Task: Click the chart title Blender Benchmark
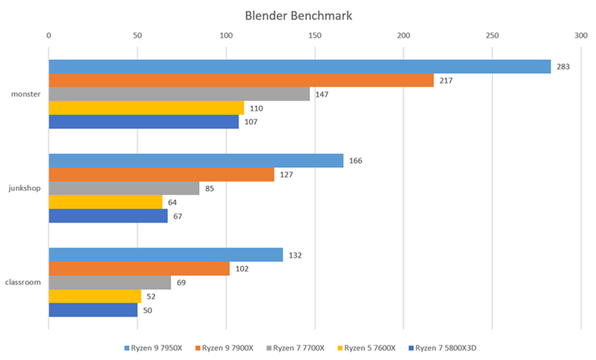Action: tap(298, 15)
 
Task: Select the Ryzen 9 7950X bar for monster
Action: tap(300, 67)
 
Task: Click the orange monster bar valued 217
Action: tap(241, 80)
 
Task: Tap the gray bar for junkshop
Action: tap(124, 188)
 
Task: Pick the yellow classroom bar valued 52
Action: tap(95, 296)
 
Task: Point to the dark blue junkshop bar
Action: tap(108, 216)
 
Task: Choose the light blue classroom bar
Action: tap(166, 255)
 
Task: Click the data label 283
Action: tap(563, 67)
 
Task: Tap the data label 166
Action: tap(355, 161)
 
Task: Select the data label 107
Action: tap(250, 122)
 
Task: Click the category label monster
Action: tap(26, 94)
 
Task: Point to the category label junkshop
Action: tap(25, 188)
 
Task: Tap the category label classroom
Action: tap(23, 282)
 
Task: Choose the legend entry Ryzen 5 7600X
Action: tap(369, 347)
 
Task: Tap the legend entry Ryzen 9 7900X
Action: tap(224, 347)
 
